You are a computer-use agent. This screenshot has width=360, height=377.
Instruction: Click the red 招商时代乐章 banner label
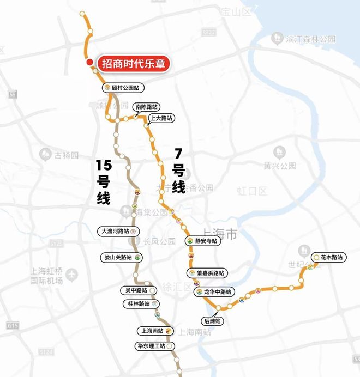coord(134,63)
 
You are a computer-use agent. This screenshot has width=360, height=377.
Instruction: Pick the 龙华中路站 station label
coord(215,292)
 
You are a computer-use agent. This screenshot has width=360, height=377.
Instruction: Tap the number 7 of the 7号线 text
coord(177,154)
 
